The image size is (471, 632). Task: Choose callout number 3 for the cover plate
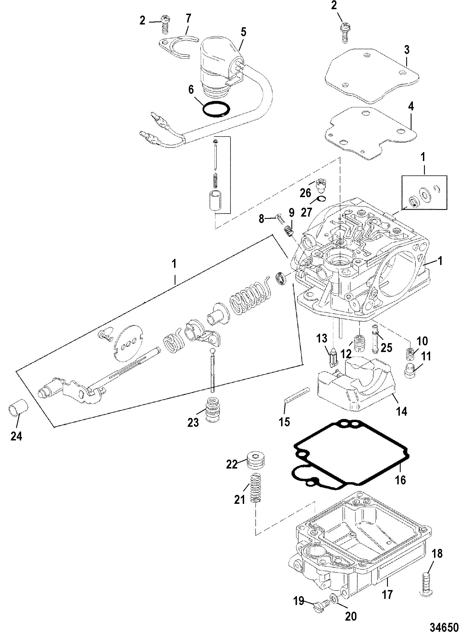click(x=407, y=49)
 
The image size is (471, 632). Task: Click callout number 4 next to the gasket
click(x=411, y=106)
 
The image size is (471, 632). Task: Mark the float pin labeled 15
click(x=296, y=395)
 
